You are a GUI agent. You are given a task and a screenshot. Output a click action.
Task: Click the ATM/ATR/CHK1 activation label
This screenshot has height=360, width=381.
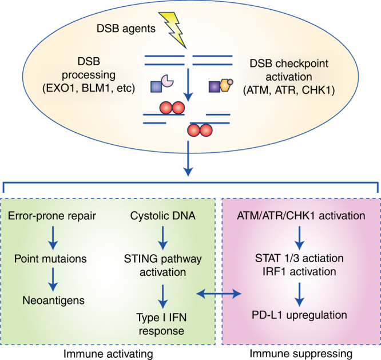coord(300,215)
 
